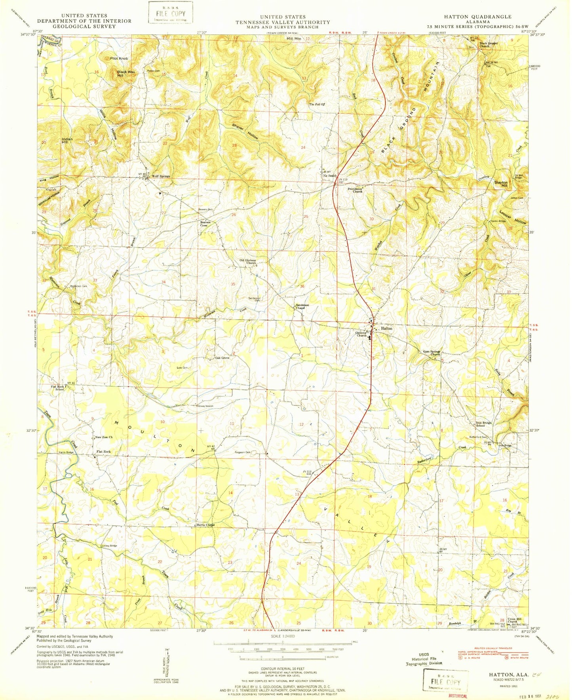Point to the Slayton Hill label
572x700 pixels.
(x=501, y=184)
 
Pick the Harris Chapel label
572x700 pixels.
(x=205, y=525)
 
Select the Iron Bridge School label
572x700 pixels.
(x=483, y=424)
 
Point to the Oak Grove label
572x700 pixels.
(x=222, y=358)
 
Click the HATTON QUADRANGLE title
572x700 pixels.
(x=475, y=17)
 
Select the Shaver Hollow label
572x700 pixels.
(x=245, y=131)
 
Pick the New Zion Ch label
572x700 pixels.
(x=104, y=437)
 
